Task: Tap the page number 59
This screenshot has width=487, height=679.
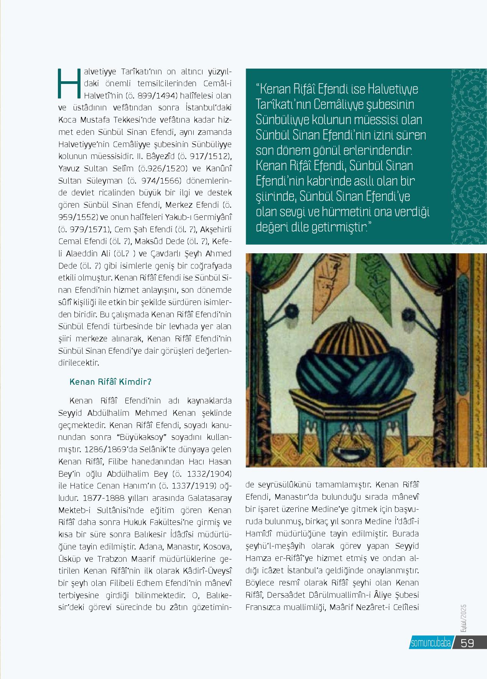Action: (467, 643)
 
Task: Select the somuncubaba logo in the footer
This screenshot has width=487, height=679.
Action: (431, 643)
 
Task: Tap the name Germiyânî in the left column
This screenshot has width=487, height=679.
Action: (208, 217)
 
